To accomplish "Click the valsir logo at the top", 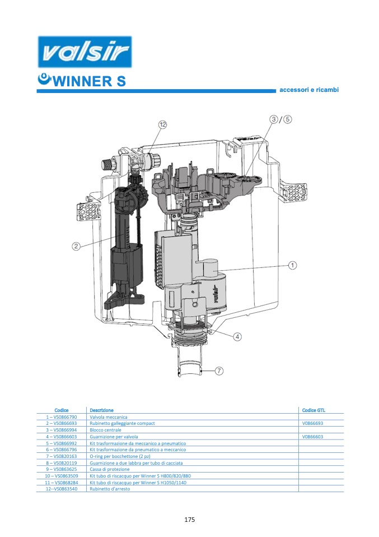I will tap(84, 53).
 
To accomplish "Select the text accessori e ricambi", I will tap(309, 90).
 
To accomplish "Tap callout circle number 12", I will tap(162, 124).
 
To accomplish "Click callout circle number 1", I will tap(292, 265).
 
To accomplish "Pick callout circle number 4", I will tap(238, 336).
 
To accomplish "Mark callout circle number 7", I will tap(219, 371).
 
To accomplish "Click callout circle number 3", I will tap(274, 119).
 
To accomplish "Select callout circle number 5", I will tap(287, 119).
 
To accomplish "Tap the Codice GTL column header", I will tap(313, 410).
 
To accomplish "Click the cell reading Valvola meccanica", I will tap(109, 417).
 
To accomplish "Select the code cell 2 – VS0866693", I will tap(61, 423).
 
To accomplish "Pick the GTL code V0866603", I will tap(312, 436).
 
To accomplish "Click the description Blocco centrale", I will tap(105, 430).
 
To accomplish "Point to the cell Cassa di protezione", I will tap(109, 469).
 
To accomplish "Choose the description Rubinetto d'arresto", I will tap(110, 489).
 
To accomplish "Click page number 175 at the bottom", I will tap(189, 520).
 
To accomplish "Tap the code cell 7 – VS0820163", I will tap(61, 456).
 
